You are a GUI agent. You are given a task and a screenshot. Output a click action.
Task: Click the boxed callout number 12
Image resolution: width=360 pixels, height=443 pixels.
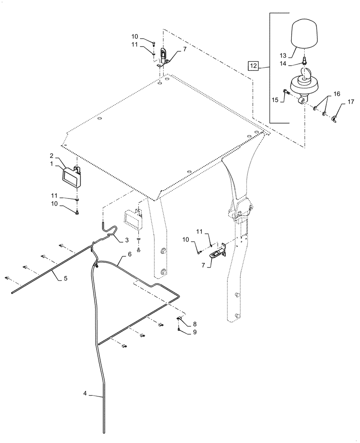coord(253,67)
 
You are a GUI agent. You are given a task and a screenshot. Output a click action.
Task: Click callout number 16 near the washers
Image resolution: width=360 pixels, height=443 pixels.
coord(337,94)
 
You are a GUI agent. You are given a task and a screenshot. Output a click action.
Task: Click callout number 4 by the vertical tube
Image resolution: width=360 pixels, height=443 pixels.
coord(86,393)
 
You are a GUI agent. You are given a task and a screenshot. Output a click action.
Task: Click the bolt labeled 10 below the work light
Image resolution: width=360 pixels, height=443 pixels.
coord(78,214)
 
